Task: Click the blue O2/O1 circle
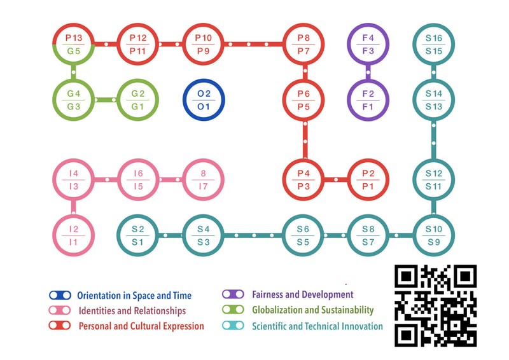pyautogui.click(x=204, y=100)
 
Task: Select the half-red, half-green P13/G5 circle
pyautogui.click(x=74, y=44)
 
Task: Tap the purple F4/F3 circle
pyautogui.click(x=368, y=44)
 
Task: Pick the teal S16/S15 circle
pyautogui.click(x=434, y=44)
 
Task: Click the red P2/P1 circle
pyautogui.click(x=368, y=179)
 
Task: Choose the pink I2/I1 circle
pyautogui.click(x=74, y=235)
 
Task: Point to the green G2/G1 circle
pyautogui.click(x=138, y=100)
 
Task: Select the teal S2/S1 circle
pyautogui.click(x=138, y=235)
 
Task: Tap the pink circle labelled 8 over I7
pyautogui.click(x=204, y=179)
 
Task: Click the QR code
pyautogui.click(x=436, y=305)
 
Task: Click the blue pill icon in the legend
pyautogui.click(x=60, y=295)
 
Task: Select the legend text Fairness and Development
pyautogui.click(x=303, y=294)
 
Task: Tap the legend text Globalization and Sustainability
pyautogui.click(x=313, y=310)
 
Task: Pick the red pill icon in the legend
pyautogui.click(x=60, y=325)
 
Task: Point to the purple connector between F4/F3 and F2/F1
pyautogui.click(x=368, y=72)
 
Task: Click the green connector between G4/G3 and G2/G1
pyautogui.click(x=106, y=100)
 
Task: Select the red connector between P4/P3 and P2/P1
pyautogui.click(x=336, y=179)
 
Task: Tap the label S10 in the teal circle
pyautogui.click(x=434, y=229)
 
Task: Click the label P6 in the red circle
pyautogui.click(x=303, y=93)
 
